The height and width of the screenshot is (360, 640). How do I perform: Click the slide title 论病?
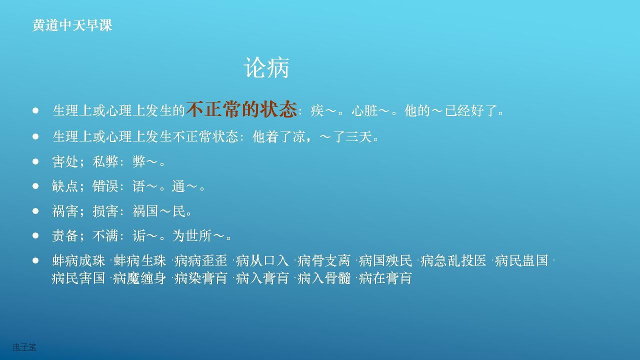pos(266,67)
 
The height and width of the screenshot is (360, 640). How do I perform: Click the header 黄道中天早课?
pos(72,25)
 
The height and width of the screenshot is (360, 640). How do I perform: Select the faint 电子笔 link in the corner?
pos(24,347)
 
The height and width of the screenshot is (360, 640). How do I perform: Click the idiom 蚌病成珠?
pos(78,260)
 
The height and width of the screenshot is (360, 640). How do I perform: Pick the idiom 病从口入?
pos(262,260)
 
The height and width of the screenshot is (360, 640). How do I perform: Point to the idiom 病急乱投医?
pos(453,260)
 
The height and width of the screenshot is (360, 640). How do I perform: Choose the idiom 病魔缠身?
pos(139,278)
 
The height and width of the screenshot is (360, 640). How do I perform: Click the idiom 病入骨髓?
pos(323,278)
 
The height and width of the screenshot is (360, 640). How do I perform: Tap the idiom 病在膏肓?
pos(385,278)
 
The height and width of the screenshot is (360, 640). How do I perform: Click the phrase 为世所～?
pos(198,236)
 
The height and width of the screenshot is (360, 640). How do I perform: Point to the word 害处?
pos(65,161)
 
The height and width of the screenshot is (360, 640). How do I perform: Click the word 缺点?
pos(65,186)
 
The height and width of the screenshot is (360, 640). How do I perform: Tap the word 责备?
pos(65,236)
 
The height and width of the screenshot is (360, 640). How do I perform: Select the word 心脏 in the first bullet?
pos(364,110)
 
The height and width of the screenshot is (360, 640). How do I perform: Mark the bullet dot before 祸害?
pos(35,211)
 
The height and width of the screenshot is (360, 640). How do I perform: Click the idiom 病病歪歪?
pos(201,260)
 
